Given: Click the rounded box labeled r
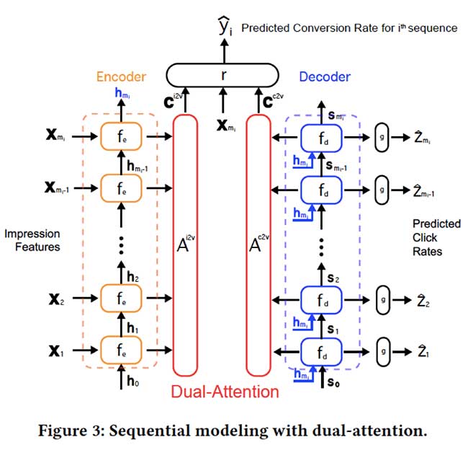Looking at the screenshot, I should point(222,75).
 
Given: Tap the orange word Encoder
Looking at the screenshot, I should point(120,76).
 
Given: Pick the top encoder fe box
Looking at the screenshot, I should point(122,135).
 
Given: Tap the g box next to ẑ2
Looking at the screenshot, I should point(383,297).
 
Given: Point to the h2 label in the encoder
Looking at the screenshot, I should point(132,275).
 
